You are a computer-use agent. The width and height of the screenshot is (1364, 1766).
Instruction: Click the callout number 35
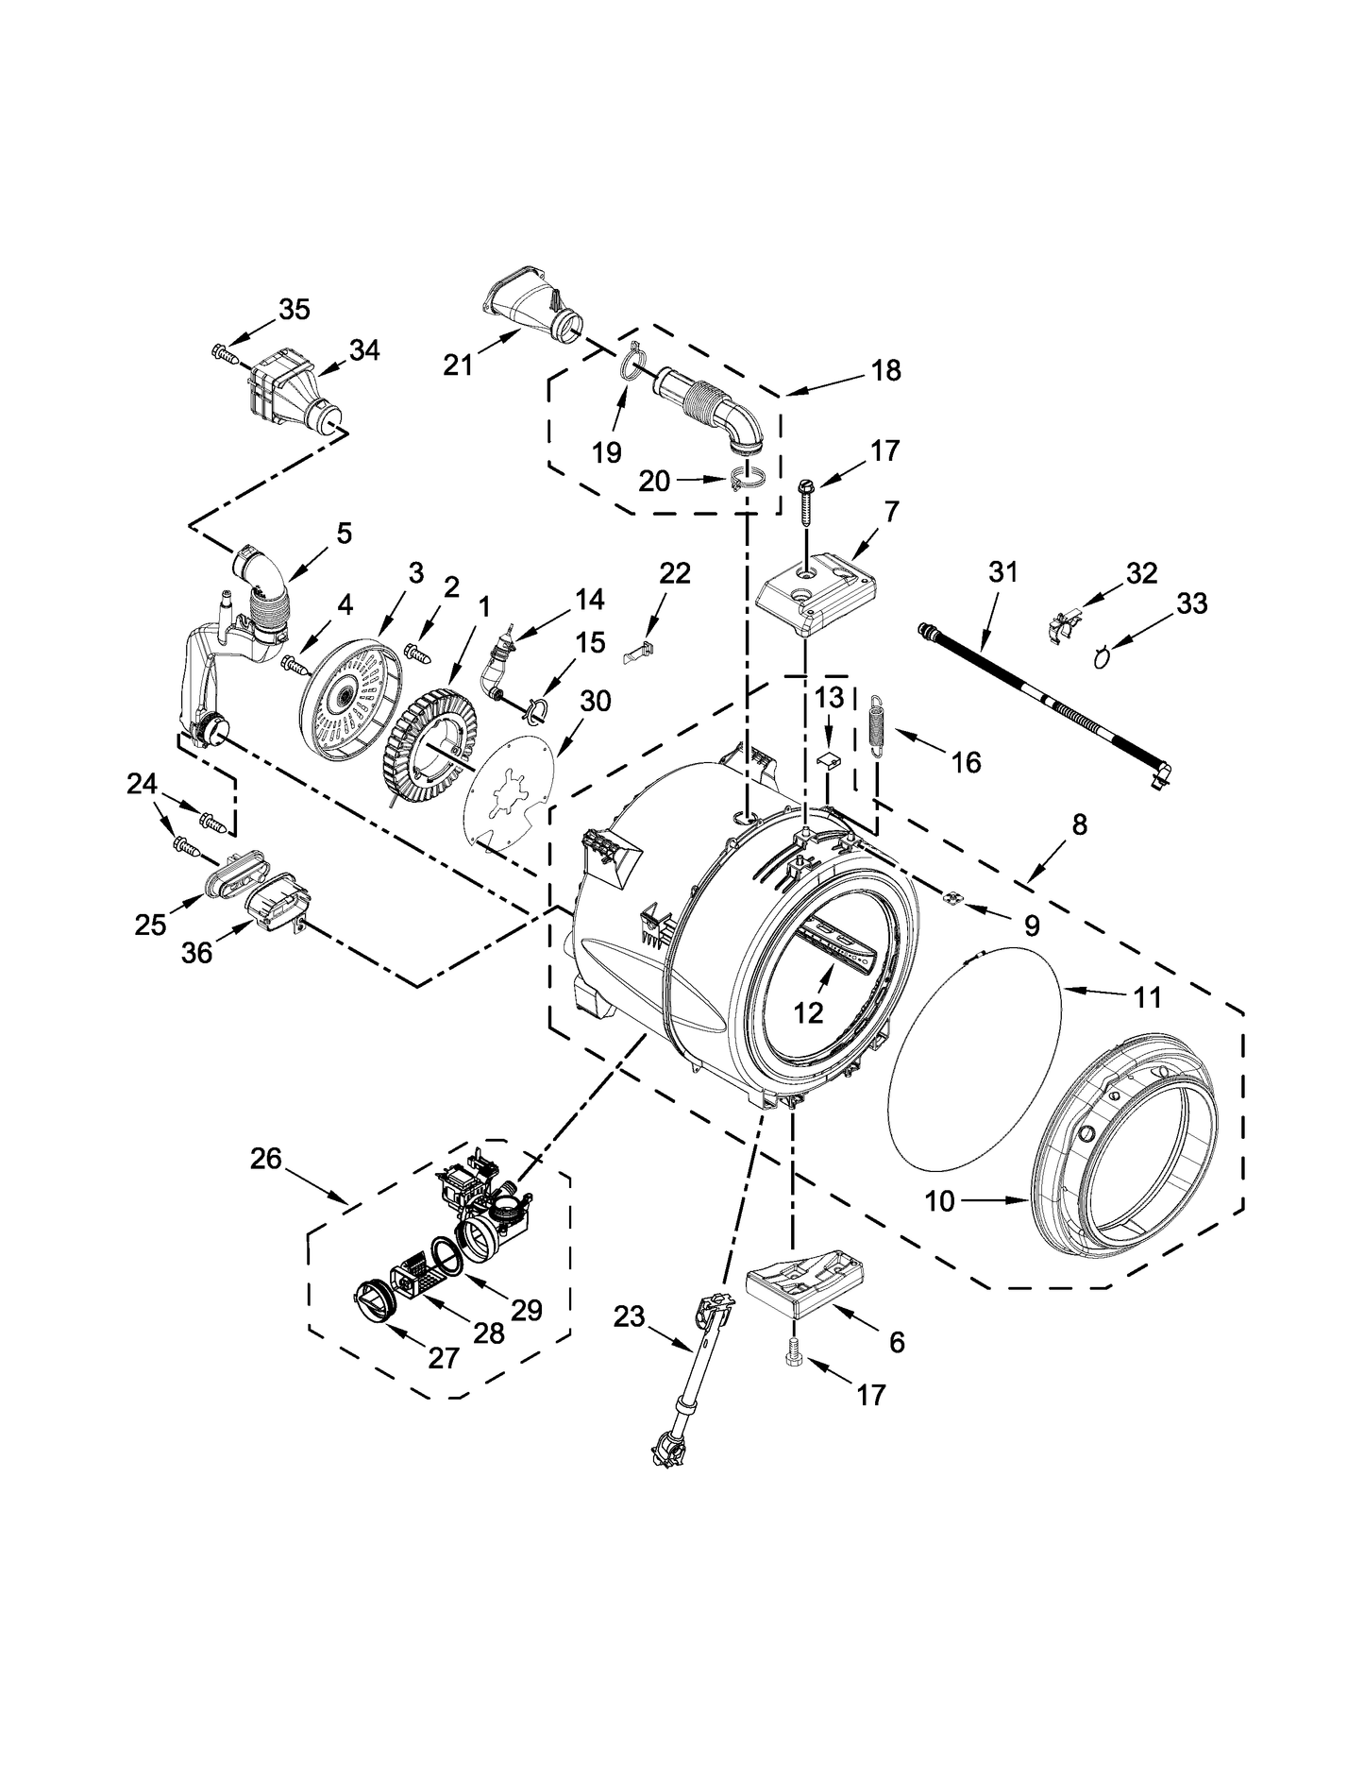(295, 309)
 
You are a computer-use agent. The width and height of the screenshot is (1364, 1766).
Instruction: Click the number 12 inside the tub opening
(809, 1012)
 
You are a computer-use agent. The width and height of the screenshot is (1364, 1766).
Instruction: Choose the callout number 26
(266, 1158)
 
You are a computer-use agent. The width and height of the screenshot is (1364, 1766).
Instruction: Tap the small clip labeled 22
(641, 651)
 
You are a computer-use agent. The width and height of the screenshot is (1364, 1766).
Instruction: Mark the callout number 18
(886, 370)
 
